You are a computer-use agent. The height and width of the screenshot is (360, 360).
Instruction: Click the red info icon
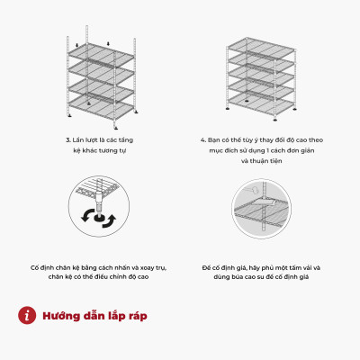[x=27, y=315]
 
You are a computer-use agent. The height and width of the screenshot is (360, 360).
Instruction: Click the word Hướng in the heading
[x=61, y=316]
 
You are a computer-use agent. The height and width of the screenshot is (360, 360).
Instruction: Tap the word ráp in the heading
[x=137, y=317]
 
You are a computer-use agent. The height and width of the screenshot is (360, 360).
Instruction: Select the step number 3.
[x=67, y=140]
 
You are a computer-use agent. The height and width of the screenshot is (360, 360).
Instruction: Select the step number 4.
[x=203, y=140]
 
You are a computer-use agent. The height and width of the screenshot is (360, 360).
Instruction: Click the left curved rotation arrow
[x=87, y=216]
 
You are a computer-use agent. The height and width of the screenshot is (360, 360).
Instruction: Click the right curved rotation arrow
[x=109, y=221]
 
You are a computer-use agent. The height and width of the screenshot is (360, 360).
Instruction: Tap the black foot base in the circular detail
[x=99, y=218]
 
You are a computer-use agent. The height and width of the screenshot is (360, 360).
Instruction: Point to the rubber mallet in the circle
[x=251, y=190]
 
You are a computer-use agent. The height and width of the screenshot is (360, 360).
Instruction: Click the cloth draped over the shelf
[x=264, y=204]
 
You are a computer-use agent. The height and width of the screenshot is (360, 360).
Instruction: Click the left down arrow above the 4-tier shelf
[x=77, y=45]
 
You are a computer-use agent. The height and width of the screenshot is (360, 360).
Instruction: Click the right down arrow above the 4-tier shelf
[x=108, y=44]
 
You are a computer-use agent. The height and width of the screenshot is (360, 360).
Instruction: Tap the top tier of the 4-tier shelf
[x=101, y=55]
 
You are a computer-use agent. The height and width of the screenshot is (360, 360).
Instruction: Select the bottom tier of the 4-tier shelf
[x=101, y=107]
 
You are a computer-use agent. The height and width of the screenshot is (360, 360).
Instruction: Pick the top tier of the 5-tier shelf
[x=261, y=48]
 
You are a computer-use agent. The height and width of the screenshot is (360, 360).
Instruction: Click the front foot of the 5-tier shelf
[x=275, y=120]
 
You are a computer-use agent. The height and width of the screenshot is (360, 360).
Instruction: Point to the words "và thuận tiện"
[x=261, y=161]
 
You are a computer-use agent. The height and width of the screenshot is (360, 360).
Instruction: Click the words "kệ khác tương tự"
[x=100, y=150]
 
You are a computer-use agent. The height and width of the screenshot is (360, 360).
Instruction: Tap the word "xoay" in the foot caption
[x=148, y=267]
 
